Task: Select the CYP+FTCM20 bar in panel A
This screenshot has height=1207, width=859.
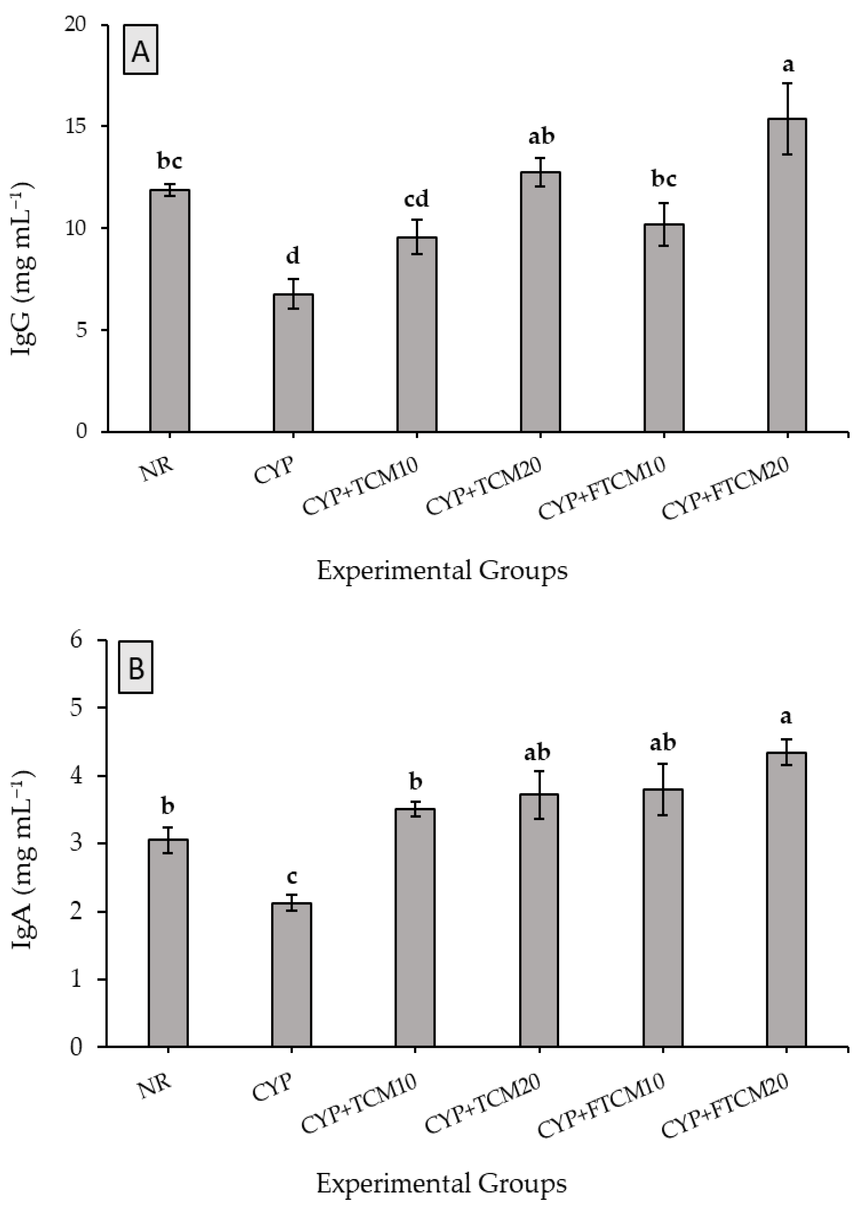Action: [x=787, y=275]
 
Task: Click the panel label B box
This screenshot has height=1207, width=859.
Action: [x=136, y=668]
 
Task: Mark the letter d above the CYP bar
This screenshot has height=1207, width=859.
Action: [x=292, y=257]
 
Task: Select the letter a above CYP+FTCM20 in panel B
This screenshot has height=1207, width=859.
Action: [x=787, y=717]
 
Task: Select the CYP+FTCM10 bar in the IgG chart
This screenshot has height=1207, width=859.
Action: [x=664, y=328]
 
